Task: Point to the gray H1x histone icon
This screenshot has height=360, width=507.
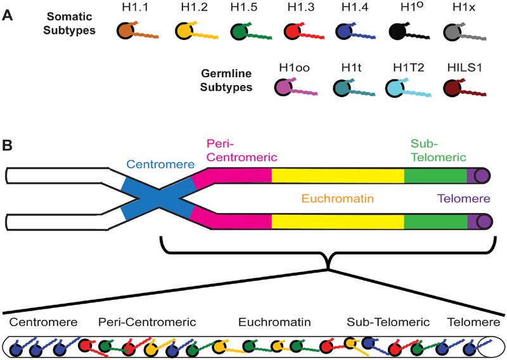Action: (x=455, y=32)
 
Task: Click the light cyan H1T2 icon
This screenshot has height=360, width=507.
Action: (x=399, y=88)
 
